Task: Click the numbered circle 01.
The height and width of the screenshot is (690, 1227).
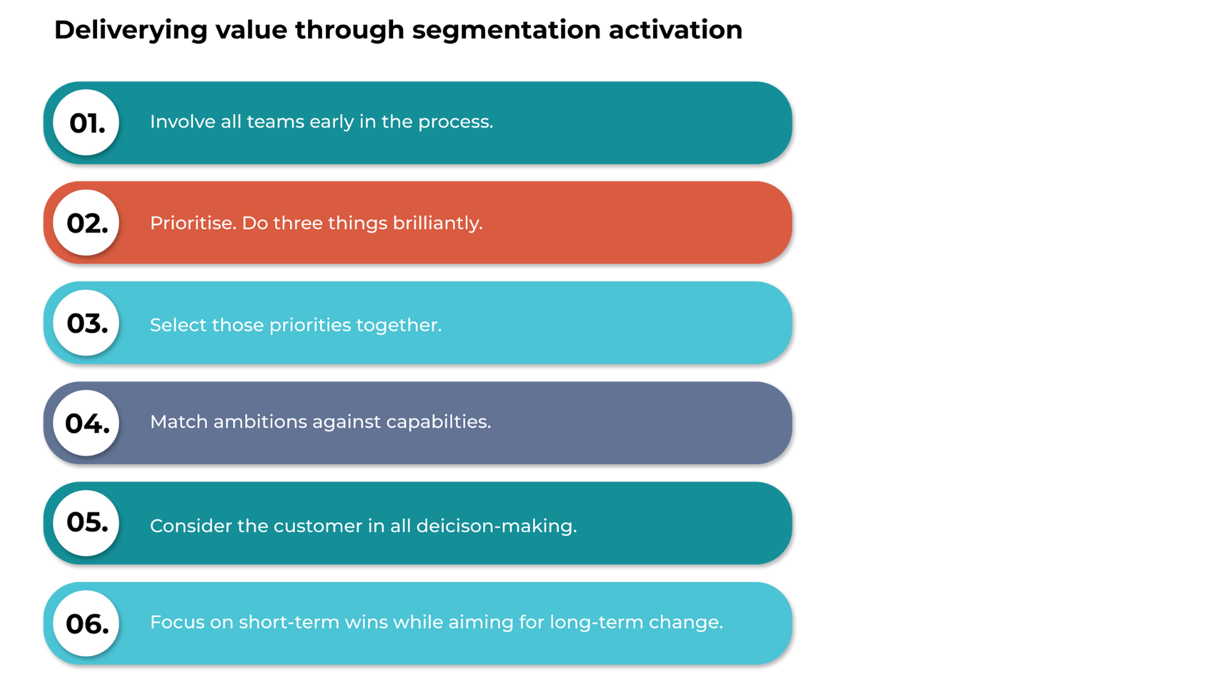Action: point(86,123)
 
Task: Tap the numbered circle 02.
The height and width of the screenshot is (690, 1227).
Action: point(86,223)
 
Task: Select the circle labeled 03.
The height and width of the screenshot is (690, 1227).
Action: point(86,323)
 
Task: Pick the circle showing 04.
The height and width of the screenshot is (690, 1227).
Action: point(86,423)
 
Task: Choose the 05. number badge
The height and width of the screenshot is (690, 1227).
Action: point(86,523)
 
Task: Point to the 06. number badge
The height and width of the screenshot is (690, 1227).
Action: point(86,623)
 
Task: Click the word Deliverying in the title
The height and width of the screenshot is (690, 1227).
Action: point(131,31)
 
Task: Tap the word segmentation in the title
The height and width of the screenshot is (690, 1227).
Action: point(506,31)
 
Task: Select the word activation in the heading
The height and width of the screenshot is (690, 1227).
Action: point(675,29)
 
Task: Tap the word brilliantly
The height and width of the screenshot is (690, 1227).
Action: point(438,223)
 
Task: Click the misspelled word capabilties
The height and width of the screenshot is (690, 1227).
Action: point(439,422)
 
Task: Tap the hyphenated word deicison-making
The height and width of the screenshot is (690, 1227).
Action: point(497,526)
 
